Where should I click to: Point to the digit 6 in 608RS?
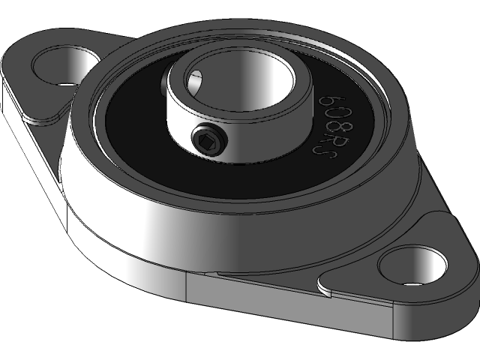(327, 99)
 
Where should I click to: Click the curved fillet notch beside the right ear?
(324, 287)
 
